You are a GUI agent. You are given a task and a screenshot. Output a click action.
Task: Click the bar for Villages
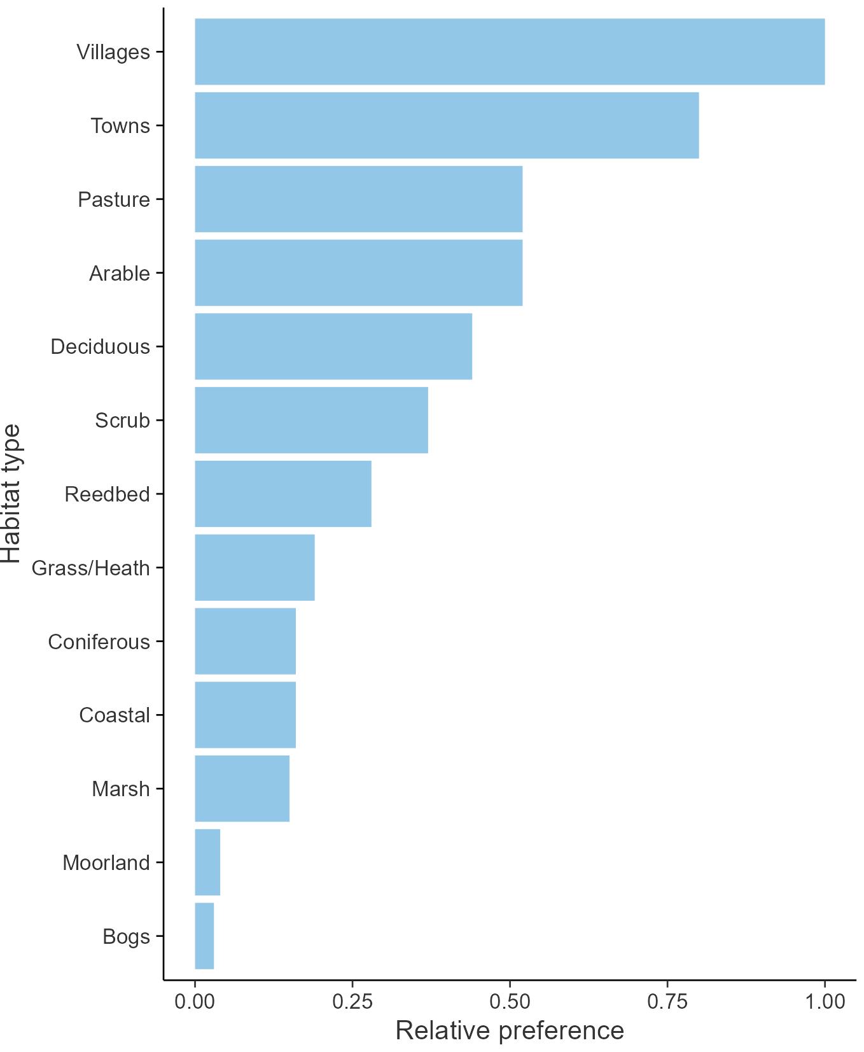509,52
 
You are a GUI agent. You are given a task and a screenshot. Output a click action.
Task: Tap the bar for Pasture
358,199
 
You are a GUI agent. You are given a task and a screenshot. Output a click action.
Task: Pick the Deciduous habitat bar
333,346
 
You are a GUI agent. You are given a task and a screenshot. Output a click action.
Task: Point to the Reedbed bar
282,494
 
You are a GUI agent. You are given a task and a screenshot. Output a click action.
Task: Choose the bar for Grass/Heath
254,567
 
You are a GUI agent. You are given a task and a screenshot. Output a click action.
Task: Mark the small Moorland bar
207,862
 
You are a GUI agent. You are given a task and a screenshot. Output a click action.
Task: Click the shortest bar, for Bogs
204,936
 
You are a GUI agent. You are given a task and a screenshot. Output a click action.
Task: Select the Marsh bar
242,789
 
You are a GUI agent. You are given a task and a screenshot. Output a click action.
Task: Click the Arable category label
120,273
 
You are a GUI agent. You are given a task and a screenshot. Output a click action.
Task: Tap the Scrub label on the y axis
122,420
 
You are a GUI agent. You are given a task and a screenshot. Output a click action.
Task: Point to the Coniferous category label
99,642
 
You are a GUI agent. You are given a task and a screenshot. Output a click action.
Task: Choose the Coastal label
115,715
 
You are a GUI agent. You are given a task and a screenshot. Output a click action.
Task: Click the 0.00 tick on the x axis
195,1001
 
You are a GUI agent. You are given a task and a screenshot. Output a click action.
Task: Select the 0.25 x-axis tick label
352,1001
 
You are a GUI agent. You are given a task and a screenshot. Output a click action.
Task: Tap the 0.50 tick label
510,1001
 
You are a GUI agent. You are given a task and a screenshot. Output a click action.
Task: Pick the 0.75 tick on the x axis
667,1001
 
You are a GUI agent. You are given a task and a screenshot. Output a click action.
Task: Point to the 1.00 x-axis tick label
825,1001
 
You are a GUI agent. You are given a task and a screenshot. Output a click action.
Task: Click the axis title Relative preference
510,1030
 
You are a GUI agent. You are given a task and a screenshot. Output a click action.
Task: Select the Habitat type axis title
11,494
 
